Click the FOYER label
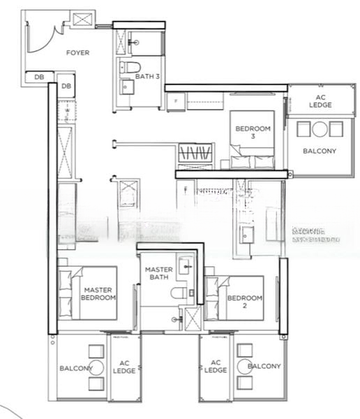pos(77,53)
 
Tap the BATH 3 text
pos(147,76)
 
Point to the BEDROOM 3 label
pos(253,133)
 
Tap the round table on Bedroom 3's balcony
pos(320,128)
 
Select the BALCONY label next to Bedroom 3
pos(320,151)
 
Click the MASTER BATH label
pos(158,274)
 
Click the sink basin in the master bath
pos(186,265)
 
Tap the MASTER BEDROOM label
pos(98,293)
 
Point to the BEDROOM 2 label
pos(244,302)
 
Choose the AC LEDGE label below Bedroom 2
pos(216,367)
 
